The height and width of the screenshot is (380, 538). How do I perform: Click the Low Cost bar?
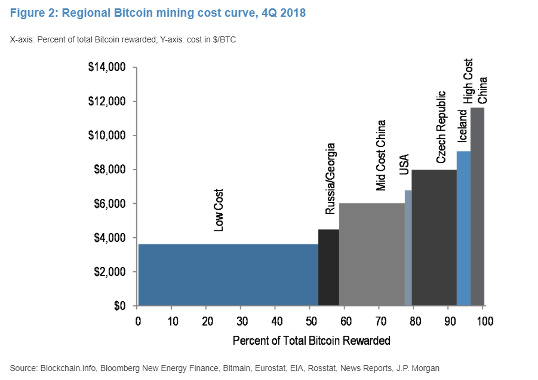pos(228,275)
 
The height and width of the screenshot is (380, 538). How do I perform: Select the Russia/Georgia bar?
pos(328,268)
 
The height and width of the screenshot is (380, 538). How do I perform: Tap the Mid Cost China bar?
pos(371,255)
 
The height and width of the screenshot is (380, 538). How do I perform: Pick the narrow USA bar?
pos(408,248)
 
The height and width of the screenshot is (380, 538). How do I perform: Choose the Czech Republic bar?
pos(434,238)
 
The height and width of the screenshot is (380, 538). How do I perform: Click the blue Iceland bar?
pos(463,228)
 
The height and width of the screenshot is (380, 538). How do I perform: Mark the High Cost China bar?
pos(477,207)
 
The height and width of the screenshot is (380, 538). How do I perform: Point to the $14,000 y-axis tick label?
pos(107,68)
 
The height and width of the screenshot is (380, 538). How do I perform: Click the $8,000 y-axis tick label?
pos(109,170)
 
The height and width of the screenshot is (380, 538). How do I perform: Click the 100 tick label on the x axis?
pos(484,321)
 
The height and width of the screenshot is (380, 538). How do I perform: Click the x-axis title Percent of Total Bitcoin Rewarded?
pos(311,341)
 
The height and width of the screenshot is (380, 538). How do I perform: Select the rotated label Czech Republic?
pos(441,127)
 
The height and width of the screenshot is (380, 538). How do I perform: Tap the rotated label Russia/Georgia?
pos(330,179)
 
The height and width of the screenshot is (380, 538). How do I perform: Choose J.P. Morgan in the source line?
pos(420,367)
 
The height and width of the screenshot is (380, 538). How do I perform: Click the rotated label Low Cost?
pos(219,210)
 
